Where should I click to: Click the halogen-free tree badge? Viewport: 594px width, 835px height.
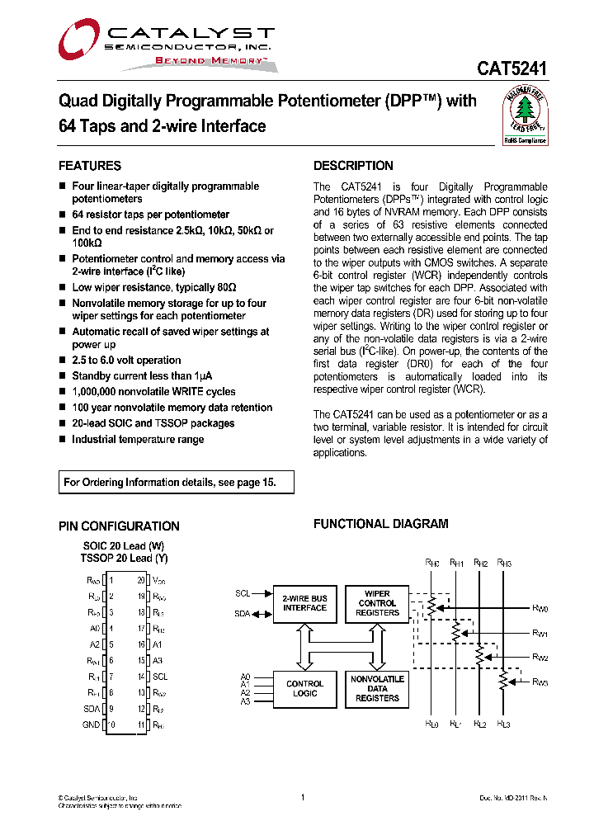click(x=525, y=116)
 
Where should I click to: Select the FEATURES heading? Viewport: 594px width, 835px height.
click(x=90, y=166)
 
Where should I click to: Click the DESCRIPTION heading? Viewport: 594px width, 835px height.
click(x=353, y=166)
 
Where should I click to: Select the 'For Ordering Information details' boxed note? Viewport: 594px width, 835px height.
click(x=177, y=483)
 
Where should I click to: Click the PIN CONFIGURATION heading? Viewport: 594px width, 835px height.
click(x=119, y=526)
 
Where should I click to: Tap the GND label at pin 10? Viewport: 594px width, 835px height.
click(x=91, y=724)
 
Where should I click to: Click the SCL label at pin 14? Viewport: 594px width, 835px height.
click(x=160, y=677)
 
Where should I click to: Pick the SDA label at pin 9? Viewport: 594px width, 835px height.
click(x=91, y=709)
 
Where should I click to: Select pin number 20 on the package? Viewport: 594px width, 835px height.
click(x=142, y=581)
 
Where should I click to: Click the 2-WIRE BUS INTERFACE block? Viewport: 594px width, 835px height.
click(x=304, y=603)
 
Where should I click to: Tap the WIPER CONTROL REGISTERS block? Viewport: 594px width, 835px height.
click(x=377, y=603)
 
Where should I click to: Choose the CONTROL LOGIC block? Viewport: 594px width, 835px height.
click(x=304, y=689)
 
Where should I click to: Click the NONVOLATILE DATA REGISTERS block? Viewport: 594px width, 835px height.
click(x=377, y=689)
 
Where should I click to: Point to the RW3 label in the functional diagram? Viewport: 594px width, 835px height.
click(x=540, y=682)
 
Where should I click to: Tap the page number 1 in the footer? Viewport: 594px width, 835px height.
click(x=303, y=797)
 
